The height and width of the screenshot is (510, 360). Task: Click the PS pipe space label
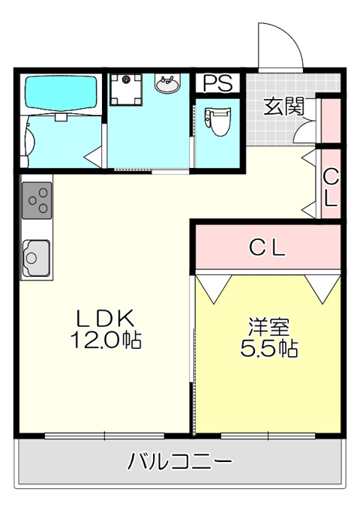218,82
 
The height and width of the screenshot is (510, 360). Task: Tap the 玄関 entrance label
283,106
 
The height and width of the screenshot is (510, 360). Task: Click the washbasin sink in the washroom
167,83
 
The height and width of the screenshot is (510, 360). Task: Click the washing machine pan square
126,89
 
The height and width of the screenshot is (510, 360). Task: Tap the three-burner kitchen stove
37,200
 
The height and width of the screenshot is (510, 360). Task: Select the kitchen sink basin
36,258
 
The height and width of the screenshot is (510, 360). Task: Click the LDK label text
105,319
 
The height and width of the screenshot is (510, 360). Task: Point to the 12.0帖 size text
106,340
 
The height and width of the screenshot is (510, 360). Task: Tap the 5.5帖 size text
268,349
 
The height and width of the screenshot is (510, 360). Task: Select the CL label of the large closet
267,248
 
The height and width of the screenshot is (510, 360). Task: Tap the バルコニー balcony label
179,462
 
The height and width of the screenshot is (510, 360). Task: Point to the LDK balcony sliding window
104,436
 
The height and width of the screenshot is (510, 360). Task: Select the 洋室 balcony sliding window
268,436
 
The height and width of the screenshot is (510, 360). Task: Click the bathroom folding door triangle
94,157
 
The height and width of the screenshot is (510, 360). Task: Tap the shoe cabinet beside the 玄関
331,120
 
